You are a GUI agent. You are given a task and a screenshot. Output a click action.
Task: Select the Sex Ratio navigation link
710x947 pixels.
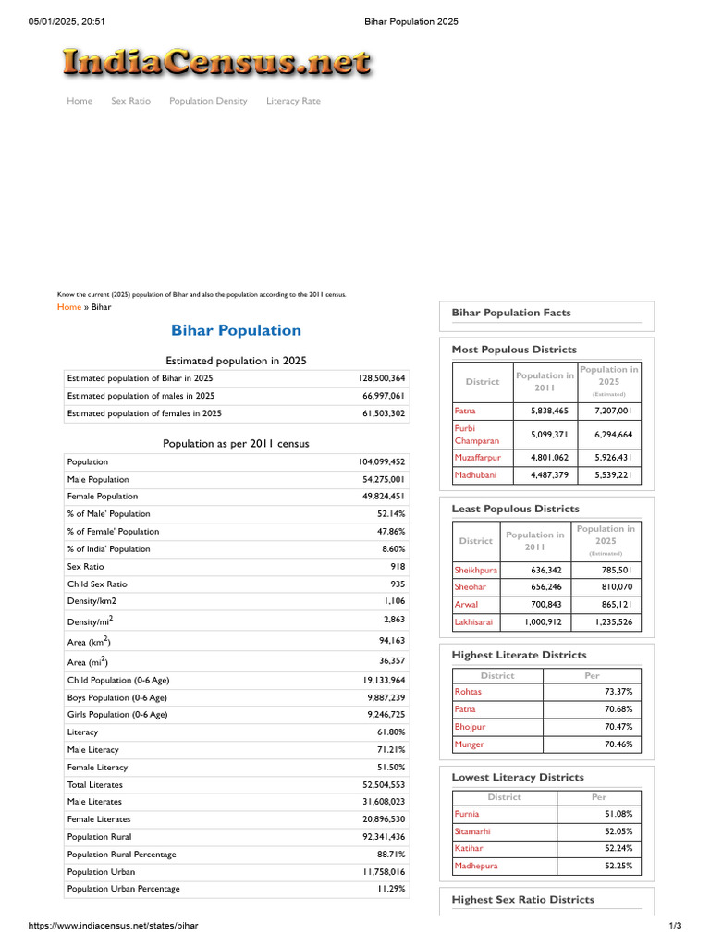coord(130,101)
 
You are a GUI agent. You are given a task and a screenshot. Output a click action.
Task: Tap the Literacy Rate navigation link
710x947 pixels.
coord(293,101)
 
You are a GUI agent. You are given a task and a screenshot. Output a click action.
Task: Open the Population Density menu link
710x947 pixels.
coord(208,101)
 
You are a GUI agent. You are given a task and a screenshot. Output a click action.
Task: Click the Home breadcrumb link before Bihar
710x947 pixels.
coord(69,307)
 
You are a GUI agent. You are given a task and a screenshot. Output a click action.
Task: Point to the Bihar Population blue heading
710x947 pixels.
coord(236,330)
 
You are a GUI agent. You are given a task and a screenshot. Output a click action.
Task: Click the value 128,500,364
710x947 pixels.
coord(381,378)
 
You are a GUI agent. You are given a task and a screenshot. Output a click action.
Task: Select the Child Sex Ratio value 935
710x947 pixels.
coord(397,584)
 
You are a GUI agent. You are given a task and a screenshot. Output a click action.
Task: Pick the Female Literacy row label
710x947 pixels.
coord(97,768)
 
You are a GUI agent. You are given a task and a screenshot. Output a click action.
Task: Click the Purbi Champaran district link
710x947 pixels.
coord(476,435)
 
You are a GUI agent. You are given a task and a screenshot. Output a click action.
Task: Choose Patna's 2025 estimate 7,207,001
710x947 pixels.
coord(613,410)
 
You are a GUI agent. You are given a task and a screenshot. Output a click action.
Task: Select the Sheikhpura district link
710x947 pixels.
coord(475,570)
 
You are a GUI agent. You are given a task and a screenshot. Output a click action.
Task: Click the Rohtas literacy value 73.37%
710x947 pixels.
coord(618,692)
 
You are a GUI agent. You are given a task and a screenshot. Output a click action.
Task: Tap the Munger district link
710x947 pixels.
coord(469,744)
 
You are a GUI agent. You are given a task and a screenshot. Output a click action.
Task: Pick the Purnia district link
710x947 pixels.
coord(467,814)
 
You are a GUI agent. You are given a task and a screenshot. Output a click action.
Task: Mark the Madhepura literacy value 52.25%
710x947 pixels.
coord(618,866)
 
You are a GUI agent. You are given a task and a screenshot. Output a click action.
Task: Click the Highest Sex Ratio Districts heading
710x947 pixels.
coord(522,899)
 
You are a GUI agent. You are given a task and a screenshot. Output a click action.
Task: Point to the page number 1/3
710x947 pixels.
coord(675,926)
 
